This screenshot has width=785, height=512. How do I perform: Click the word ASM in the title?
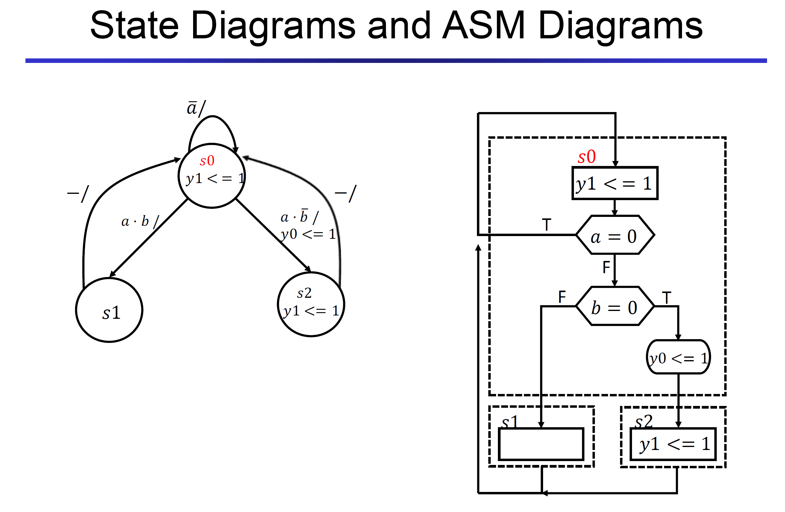point(483,26)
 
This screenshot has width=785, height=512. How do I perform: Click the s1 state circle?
point(109,311)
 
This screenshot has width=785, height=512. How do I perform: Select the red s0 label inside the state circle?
point(207,161)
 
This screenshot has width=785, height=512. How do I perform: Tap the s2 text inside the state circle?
point(304,293)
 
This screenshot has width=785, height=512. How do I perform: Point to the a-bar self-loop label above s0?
point(196,108)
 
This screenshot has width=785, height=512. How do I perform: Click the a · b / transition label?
point(140,221)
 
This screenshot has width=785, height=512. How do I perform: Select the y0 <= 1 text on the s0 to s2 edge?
point(308,234)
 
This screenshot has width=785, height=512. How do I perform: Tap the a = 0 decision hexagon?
point(615,235)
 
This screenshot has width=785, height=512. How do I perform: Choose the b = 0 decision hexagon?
point(615,307)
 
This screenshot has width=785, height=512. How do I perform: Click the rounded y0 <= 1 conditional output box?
point(678,357)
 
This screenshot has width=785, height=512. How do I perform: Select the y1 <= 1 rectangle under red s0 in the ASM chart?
point(615,183)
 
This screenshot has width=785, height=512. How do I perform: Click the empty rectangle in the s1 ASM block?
point(541,444)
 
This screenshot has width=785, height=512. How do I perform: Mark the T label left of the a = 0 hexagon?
point(546,225)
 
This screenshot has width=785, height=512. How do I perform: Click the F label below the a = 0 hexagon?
point(606,267)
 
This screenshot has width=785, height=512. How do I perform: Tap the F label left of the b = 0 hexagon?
point(562,297)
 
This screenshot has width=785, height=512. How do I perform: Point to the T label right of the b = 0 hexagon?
point(666,297)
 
